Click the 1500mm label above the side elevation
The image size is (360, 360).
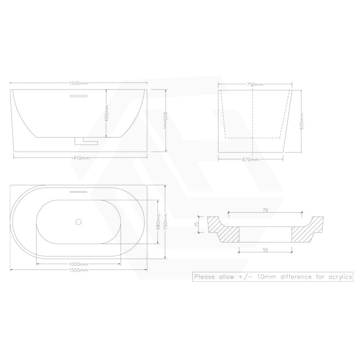tap(79, 83)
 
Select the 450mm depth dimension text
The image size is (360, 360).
tap(107, 113)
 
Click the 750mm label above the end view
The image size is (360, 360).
tap(255, 84)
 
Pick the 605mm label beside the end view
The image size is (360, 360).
tap(301, 121)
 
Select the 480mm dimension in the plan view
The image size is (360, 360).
tap(158, 220)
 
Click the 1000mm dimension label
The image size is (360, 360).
tap(79, 264)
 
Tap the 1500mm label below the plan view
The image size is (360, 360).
tap(79, 270)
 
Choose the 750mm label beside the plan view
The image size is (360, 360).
tap(165, 220)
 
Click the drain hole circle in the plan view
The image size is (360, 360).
tap(79, 221)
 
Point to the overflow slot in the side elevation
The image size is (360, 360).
tap(79, 95)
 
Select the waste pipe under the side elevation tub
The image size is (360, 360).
tap(85, 141)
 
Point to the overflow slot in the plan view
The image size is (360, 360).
tap(79, 190)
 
